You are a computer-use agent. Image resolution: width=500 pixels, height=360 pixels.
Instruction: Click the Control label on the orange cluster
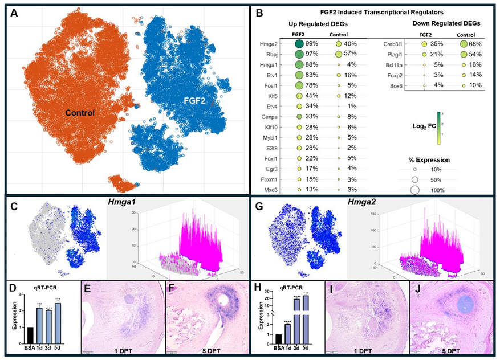pos(80,113)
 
